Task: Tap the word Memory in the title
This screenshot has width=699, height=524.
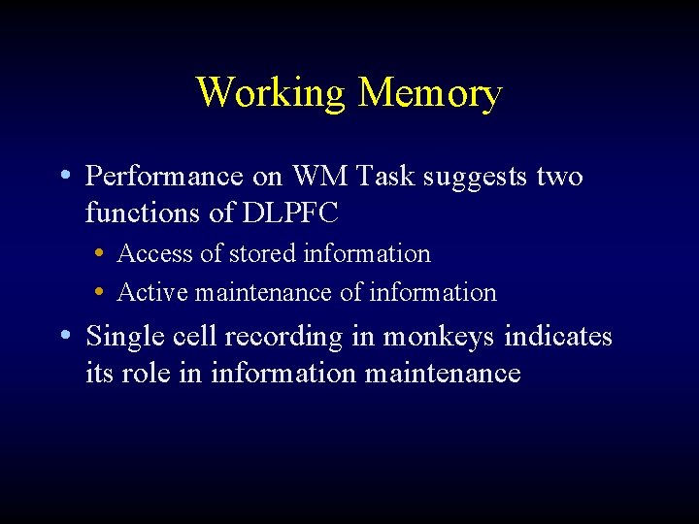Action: tap(429, 93)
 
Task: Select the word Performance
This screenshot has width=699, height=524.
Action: tap(163, 177)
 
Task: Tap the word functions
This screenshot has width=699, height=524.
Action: tap(145, 212)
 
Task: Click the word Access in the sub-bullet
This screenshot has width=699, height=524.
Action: tap(154, 254)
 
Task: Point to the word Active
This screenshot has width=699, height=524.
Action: tap(152, 292)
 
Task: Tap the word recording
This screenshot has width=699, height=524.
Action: tap(283, 338)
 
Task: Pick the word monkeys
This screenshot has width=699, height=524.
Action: tap(438, 338)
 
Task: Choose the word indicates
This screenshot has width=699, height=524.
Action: tap(558, 337)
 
